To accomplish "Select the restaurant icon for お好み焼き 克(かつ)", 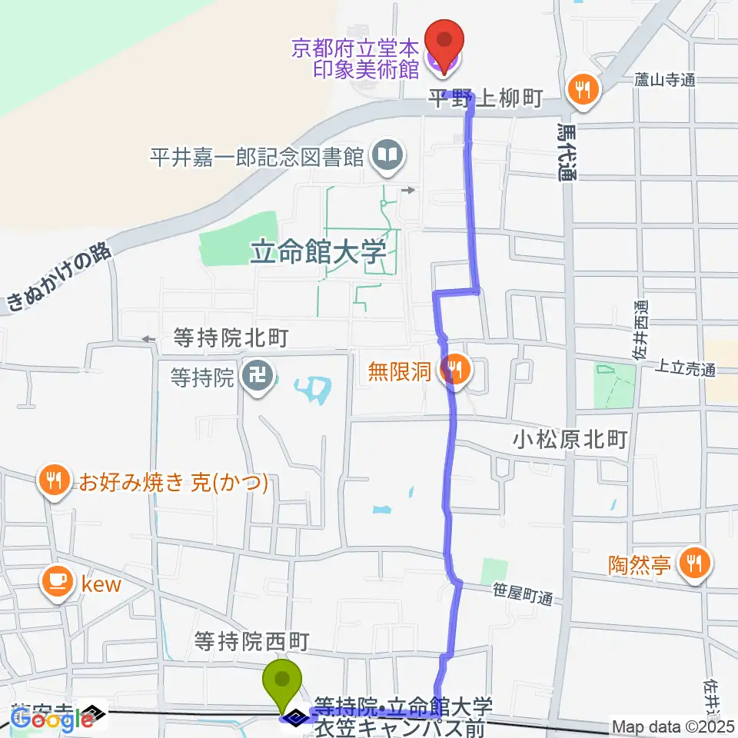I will pos(53,482).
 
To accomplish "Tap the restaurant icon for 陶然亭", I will pos(696,565).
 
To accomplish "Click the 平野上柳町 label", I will pos(487,98).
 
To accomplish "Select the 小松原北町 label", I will pos(571,439).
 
